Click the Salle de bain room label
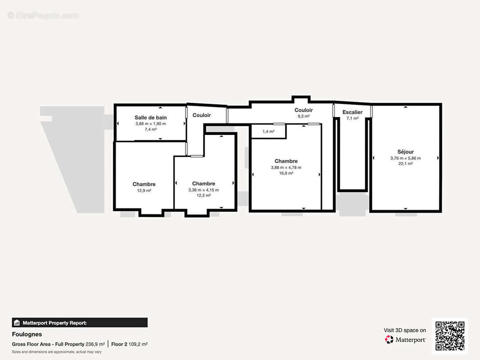150,117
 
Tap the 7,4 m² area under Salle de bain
150,130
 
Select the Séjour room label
405,152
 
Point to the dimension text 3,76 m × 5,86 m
405,158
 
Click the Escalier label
353,112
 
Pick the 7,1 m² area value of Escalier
353,118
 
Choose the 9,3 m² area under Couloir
303,116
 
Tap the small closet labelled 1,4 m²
268,131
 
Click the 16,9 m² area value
286,173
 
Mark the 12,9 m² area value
144,190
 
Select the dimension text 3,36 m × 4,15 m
204,190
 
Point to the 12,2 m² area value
204,195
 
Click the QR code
450,336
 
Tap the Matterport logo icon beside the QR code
389,339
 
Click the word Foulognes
27,334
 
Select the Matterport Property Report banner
80,323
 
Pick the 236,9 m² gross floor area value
95,344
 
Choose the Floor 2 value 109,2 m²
138,344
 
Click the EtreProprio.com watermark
43,15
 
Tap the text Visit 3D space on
405,330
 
